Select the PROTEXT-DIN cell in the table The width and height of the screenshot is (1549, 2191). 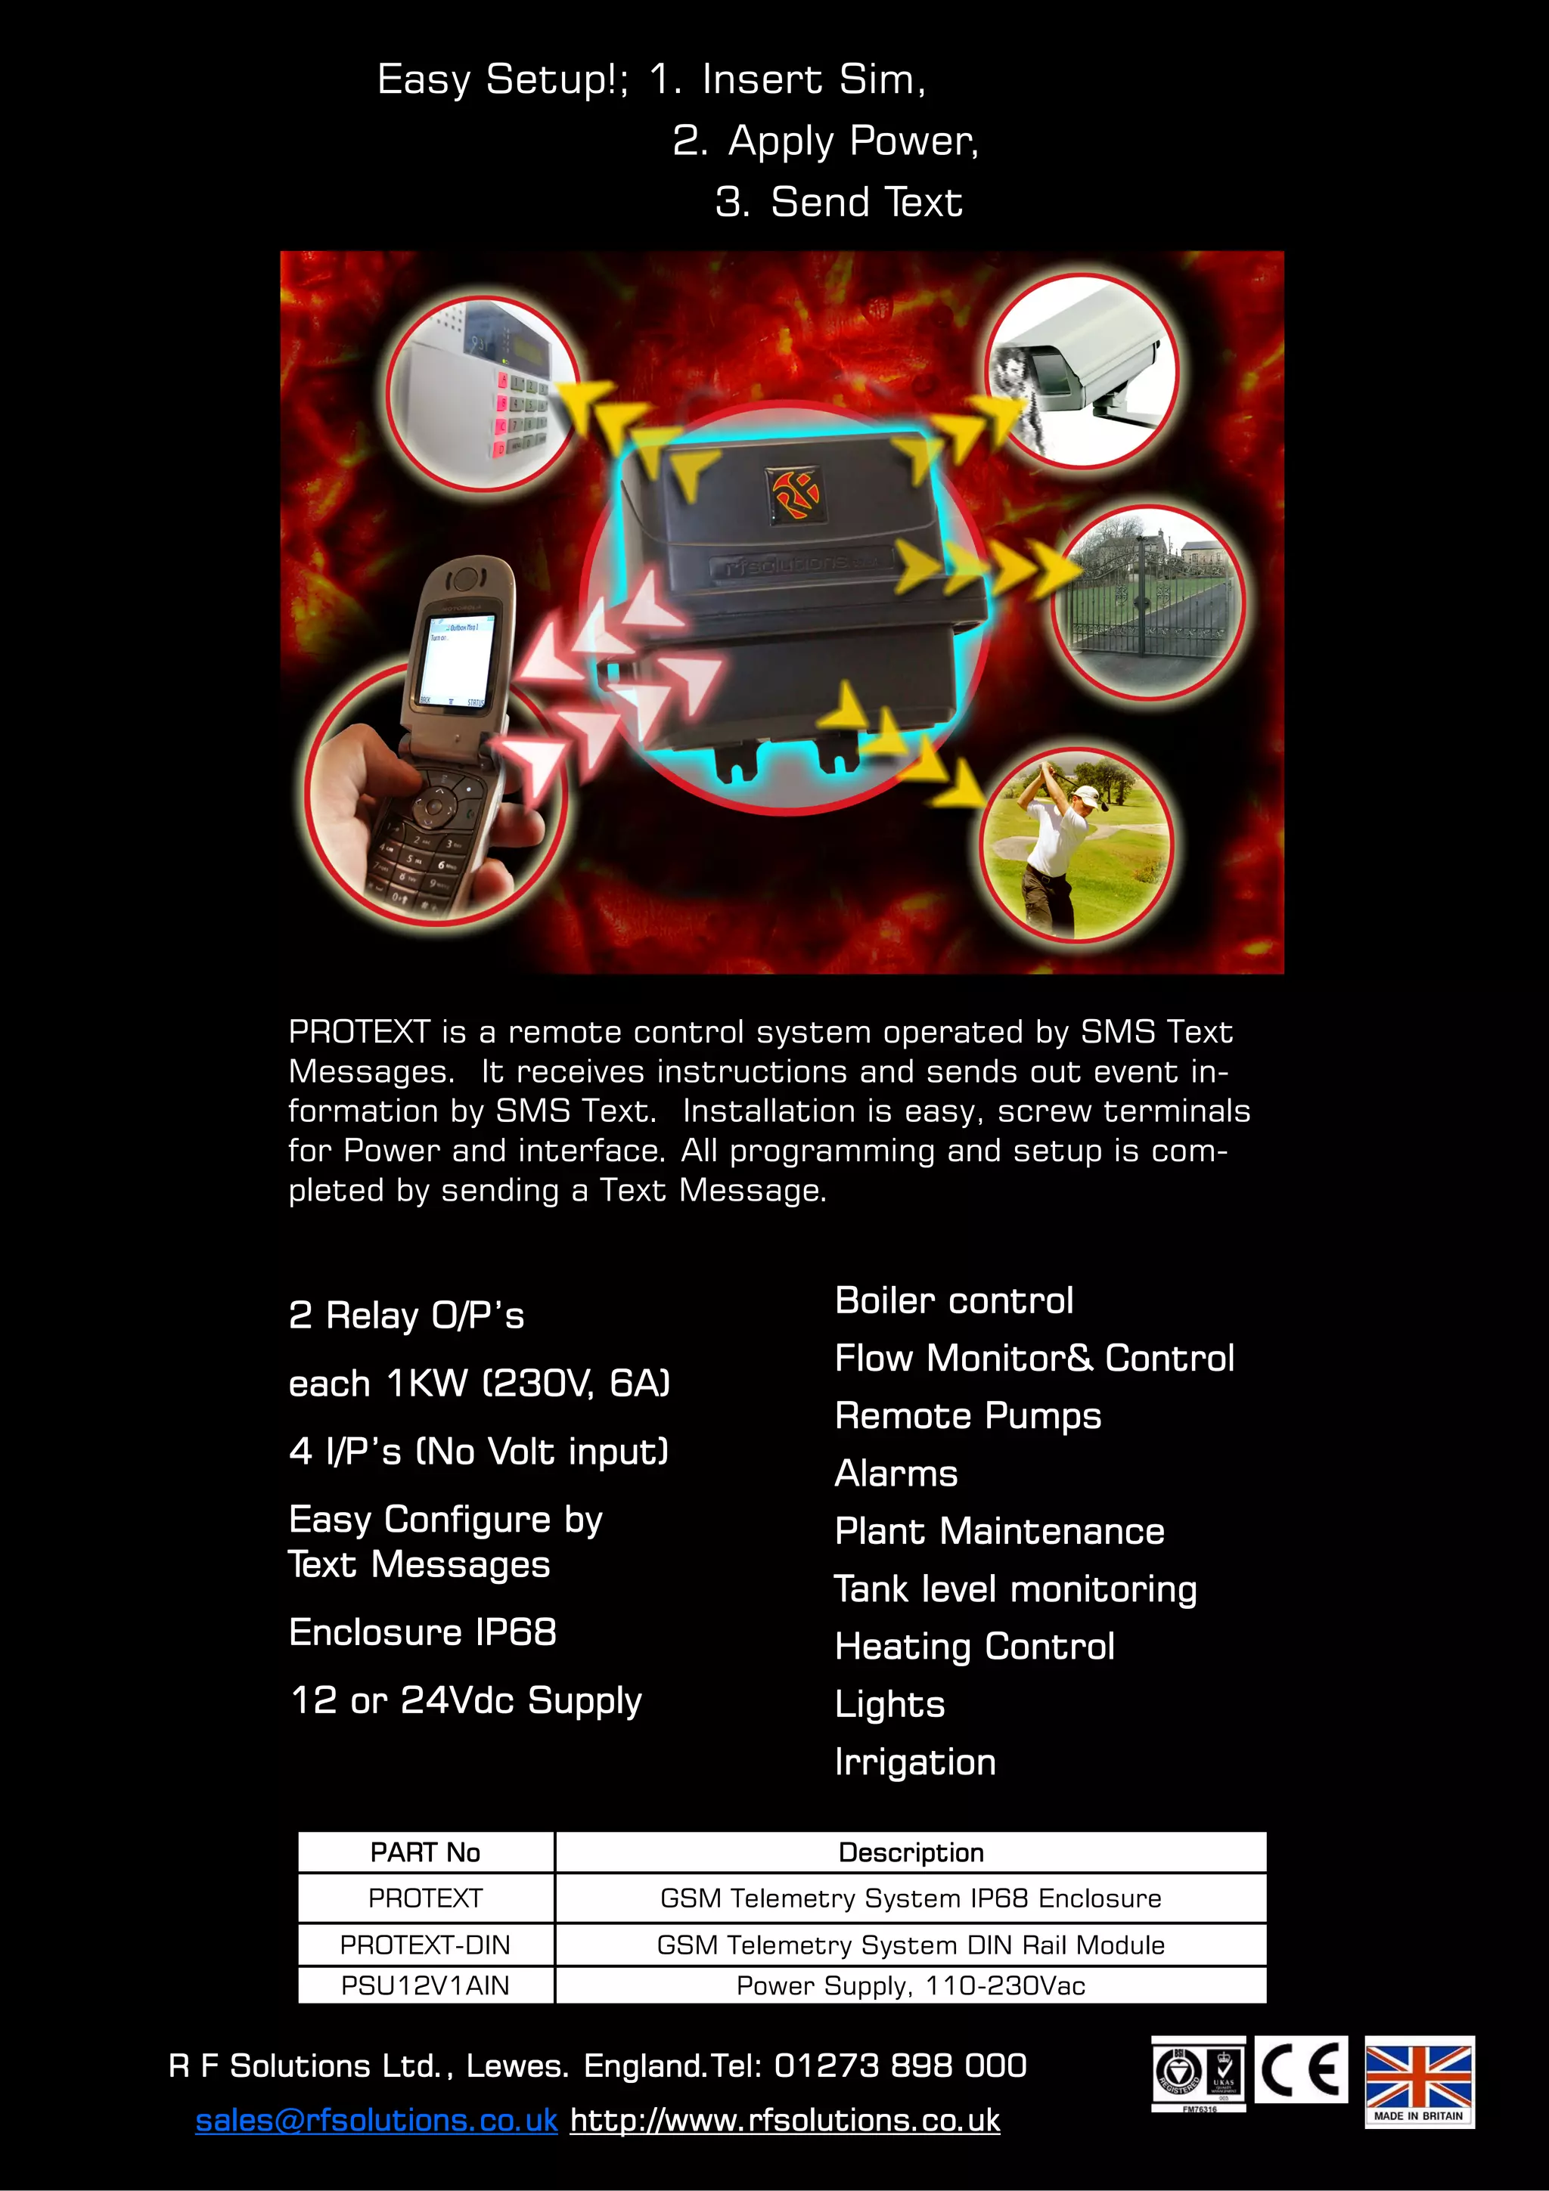click(x=426, y=1944)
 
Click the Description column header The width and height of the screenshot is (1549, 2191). click(x=911, y=1852)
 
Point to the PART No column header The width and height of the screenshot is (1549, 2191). click(x=426, y=1852)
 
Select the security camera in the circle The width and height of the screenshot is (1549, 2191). click(x=1083, y=367)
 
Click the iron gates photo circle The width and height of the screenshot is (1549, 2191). click(x=1148, y=601)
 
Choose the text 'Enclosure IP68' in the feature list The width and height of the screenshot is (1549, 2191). click(x=423, y=1632)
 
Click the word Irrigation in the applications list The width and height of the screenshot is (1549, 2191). click(x=914, y=1762)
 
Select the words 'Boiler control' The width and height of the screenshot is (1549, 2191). click(x=954, y=1300)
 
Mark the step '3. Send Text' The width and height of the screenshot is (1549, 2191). click(x=839, y=203)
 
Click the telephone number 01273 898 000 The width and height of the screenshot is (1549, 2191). click(x=900, y=2066)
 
